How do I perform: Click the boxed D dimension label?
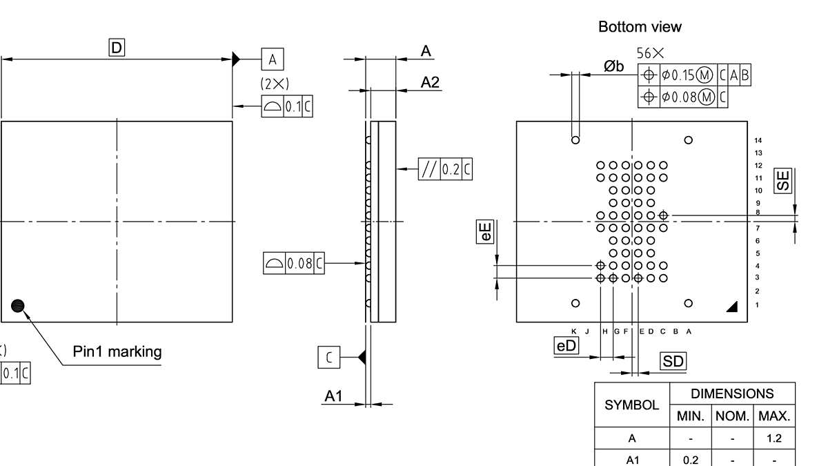tap(117, 48)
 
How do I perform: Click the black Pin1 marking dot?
tap(18, 306)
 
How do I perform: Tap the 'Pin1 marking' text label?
tap(117, 351)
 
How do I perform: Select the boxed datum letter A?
tap(272, 59)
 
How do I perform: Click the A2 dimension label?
tap(430, 82)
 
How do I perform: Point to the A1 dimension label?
tap(334, 396)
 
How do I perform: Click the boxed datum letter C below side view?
tap(329, 357)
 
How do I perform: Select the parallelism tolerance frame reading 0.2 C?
tap(445, 169)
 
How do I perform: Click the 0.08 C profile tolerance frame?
tap(294, 263)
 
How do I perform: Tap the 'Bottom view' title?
tap(640, 27)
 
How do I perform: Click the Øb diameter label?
tap(613, 66)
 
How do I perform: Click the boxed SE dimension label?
tap(783, 181)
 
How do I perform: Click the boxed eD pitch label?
tap(566, 345)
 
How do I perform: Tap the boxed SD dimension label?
tap(673, 361)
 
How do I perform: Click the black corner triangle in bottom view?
tap(732, 307)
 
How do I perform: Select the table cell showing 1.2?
tap(774, 438)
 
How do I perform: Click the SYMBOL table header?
tap(632, 405)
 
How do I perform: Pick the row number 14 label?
tap(759, 140)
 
